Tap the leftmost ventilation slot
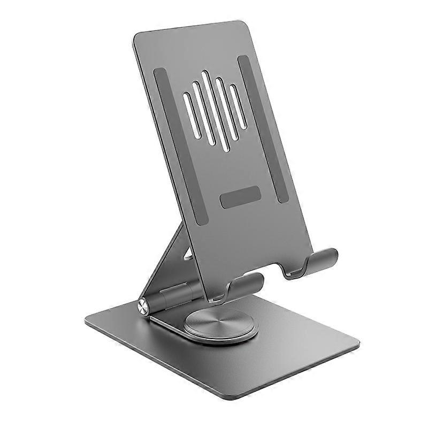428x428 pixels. (189, 116)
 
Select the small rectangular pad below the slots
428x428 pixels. (240, 197)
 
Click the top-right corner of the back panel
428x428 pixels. (250, 22)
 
